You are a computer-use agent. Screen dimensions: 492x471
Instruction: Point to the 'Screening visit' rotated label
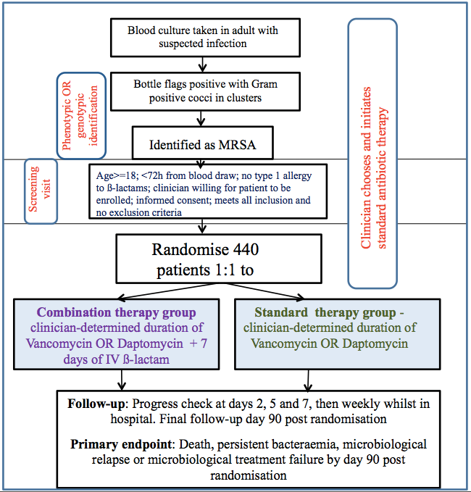[39, 191]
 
